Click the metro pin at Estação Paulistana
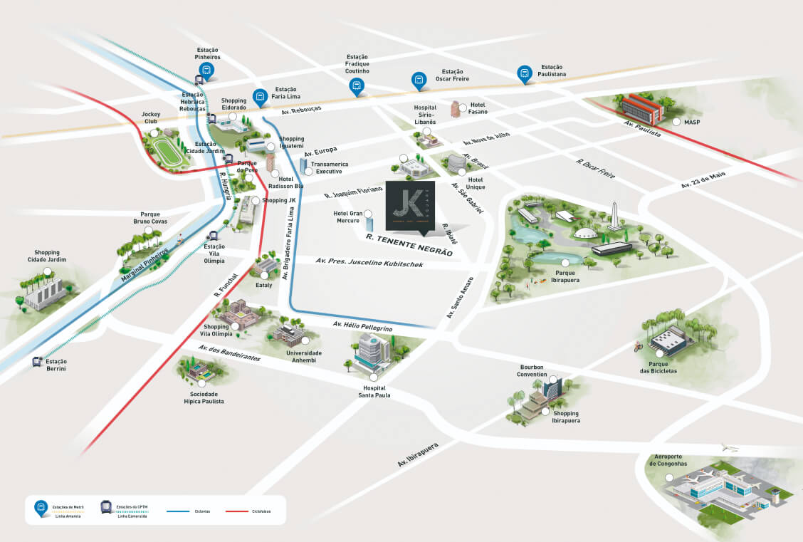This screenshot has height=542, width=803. (x=525, y=73)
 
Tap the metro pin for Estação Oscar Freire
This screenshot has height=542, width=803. (x=419, y=80)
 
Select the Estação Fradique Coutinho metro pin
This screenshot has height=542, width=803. (x=356, y=87)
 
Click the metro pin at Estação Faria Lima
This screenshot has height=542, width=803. (x=260, y=96)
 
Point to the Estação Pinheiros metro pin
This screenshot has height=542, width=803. (x=206, y=70)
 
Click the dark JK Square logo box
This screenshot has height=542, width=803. (x=410, y=205)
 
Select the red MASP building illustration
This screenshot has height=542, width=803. (x=641, y=110)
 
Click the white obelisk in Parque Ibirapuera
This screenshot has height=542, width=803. (x=614, y=216)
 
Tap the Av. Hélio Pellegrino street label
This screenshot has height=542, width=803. (x=362, y=326)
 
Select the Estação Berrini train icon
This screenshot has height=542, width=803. (x=38, y=362)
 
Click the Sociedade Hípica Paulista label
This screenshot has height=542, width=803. (x=203, y=397)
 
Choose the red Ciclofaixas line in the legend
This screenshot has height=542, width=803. (x=238, y=511)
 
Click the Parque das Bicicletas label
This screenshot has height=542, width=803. (x=658, y=367)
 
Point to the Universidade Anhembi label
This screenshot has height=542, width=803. (x=304, y=356)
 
